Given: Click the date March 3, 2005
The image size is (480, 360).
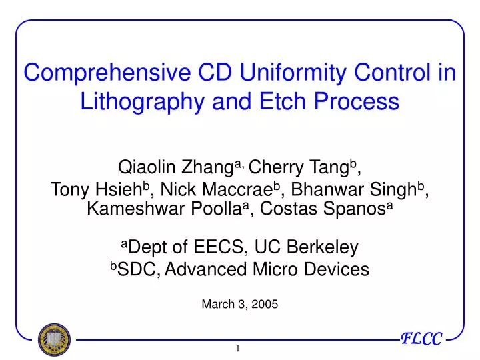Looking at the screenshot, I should tap(239, 304).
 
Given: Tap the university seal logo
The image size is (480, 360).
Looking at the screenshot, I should tap(53, 339).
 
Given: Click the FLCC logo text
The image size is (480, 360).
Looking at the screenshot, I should tap(421, 339).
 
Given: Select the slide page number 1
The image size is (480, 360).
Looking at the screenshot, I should tap(239, 349).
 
